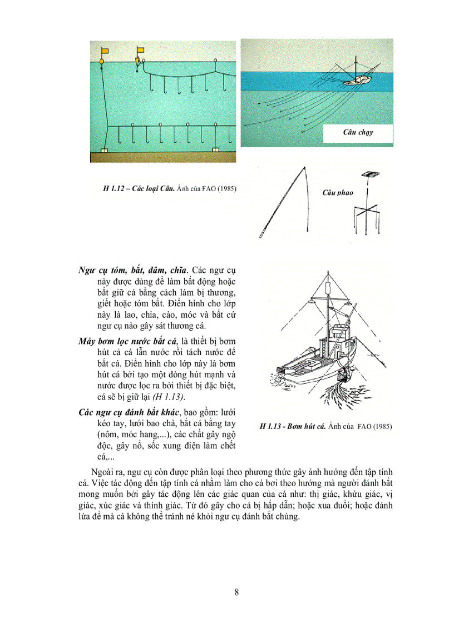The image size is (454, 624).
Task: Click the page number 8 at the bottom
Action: pos(237,592)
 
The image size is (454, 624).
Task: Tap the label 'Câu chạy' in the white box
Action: pos(358,133)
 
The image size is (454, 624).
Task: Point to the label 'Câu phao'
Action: pos(338,193)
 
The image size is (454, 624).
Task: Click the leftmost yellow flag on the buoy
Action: pos(104,51)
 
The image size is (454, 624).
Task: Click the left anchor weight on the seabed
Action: pos(103,149)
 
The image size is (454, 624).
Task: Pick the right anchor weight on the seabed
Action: pos(216,149)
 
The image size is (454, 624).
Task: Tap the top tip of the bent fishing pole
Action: pos(303,167)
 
